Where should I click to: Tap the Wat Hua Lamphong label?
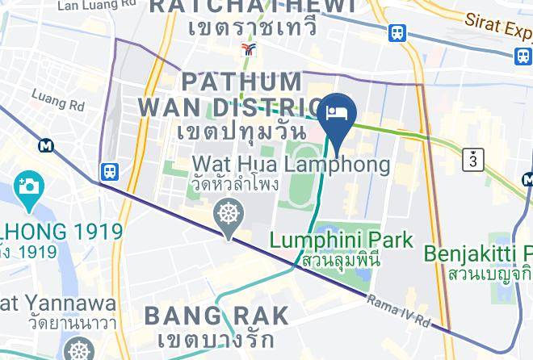pos(290,165)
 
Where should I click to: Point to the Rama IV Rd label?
pos(399,312)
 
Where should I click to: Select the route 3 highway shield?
pos(473,160)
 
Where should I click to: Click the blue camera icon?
pos(28,186)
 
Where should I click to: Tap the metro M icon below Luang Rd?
pos(46,145)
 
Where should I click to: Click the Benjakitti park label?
pos(478,253)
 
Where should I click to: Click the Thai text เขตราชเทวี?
pos(251,27)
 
